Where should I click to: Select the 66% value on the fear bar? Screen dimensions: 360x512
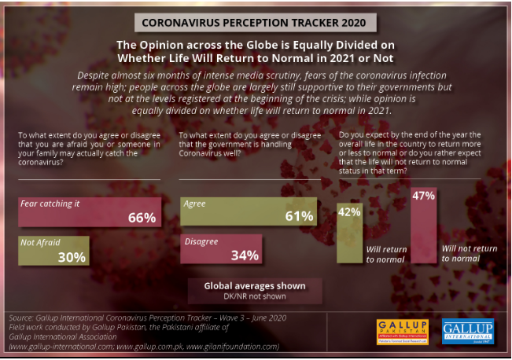[142, 218]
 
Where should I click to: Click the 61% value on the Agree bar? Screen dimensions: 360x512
[298, 217]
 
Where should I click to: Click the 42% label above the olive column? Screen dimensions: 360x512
[349, 211]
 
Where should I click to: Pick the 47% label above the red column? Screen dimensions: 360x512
[423, 196]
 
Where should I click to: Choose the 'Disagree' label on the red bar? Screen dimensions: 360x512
[201, 241]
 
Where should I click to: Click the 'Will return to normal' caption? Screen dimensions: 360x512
[386, 254]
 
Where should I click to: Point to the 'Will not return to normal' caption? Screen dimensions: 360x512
[469, 253]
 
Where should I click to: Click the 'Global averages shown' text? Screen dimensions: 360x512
[254, 285]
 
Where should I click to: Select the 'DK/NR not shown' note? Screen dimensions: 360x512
[254, 296]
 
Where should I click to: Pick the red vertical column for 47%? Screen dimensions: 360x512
[423, 236]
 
